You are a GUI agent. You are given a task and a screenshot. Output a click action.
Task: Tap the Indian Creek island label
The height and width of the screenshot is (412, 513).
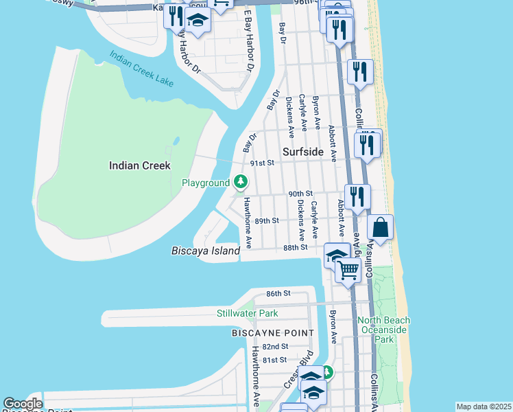click(140, 165)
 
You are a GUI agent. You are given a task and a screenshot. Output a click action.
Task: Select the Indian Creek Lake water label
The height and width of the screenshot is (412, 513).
click(141, 71)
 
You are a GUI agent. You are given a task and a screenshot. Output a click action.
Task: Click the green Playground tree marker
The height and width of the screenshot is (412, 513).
click(240, 182)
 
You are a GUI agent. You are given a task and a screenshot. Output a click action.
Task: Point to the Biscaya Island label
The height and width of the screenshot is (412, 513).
click(205, 251)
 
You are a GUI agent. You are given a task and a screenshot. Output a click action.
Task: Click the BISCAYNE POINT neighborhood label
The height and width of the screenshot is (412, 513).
click(272, 333)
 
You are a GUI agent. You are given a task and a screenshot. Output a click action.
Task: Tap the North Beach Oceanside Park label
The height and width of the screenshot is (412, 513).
click(383, 330)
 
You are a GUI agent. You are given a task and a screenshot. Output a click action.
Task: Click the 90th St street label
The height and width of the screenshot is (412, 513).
click(300, 194)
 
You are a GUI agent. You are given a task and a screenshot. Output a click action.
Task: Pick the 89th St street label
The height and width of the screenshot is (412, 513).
click(267, 221)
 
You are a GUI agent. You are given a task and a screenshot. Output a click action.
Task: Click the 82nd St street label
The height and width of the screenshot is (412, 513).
click(274, 347)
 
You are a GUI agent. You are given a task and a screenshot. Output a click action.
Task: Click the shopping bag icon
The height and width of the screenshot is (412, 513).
click(380, 227)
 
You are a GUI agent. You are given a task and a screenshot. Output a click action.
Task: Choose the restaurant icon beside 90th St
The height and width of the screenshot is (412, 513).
click(357, 196)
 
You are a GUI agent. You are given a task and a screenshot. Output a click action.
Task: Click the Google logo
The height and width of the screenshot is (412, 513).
click(23, 404)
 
